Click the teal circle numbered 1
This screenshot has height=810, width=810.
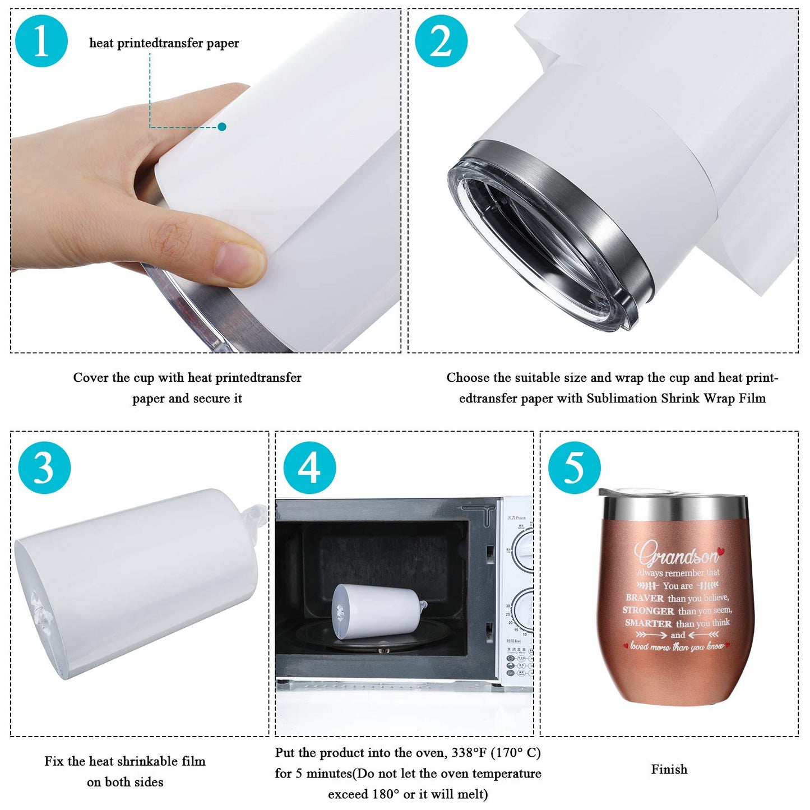coord(42,41)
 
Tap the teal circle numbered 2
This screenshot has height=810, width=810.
coord(441,41)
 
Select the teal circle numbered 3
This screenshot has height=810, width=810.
coord(44,468)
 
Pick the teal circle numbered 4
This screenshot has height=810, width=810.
coord(309,468)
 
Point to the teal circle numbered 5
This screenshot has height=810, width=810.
coord(574,468)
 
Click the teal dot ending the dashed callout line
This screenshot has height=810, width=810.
coord(222,127)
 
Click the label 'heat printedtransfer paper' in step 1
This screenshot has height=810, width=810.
coord(164,43)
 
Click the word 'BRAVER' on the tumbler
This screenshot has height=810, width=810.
coord(645,598)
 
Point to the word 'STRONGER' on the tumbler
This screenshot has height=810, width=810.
coord(648,611)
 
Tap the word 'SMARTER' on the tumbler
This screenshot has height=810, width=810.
coord(648,623)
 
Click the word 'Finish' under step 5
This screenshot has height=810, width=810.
coord(669,770)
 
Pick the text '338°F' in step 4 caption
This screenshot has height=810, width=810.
coord(469,753)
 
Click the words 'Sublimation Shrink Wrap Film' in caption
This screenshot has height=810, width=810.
coord(676,399)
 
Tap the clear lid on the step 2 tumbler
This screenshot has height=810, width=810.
coord(538,247)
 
